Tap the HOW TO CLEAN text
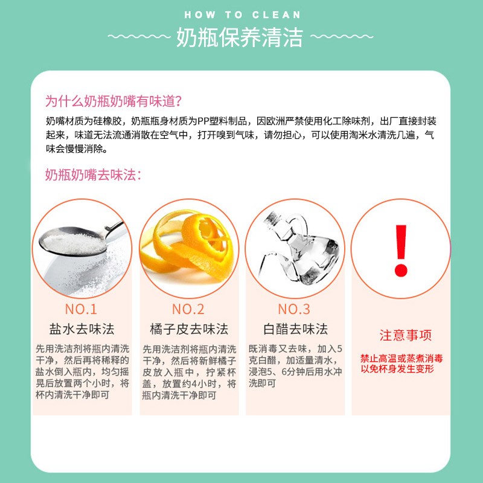[242, 14]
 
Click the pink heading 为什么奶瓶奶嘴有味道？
[114, 100]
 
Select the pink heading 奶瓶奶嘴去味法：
[94, 175]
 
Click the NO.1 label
[81, 309]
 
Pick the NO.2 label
[188, 309]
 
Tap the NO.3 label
[294, 309]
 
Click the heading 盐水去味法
[82, 329]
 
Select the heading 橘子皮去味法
[188, 329]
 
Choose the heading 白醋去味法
[295, 329]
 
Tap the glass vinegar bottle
[294, 248]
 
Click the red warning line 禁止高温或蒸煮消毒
[401, 358]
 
